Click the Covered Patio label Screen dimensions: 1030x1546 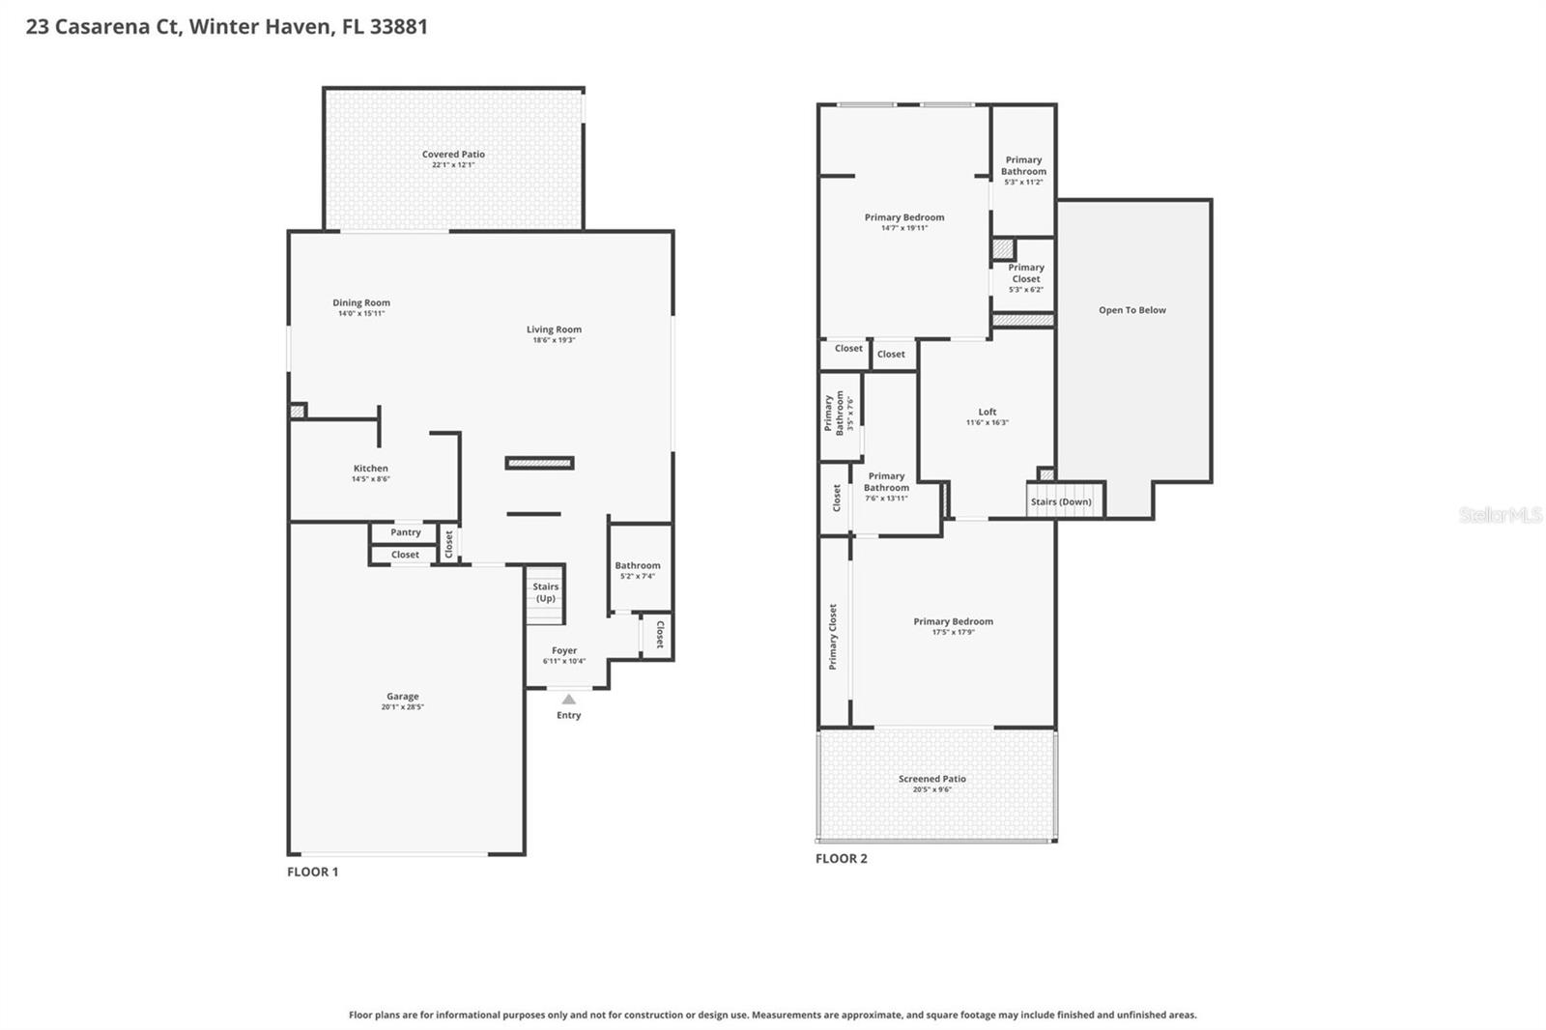453,155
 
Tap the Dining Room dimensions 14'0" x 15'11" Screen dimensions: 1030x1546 361,314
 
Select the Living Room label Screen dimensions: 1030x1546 554,329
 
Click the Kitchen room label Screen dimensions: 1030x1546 370,469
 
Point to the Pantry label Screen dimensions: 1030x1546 406,532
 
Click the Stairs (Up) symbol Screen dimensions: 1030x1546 545,593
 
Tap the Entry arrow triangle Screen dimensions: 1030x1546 569,699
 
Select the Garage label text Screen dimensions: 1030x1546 402,696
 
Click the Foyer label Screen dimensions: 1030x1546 564,651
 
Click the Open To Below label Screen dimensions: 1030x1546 1131,310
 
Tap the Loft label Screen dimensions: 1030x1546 987,412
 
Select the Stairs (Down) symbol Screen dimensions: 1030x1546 1061,501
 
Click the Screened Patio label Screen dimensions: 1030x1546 931,779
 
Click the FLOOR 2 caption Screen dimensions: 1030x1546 841,858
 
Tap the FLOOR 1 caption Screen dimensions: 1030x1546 312,872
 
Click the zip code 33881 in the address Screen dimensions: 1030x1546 398,26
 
